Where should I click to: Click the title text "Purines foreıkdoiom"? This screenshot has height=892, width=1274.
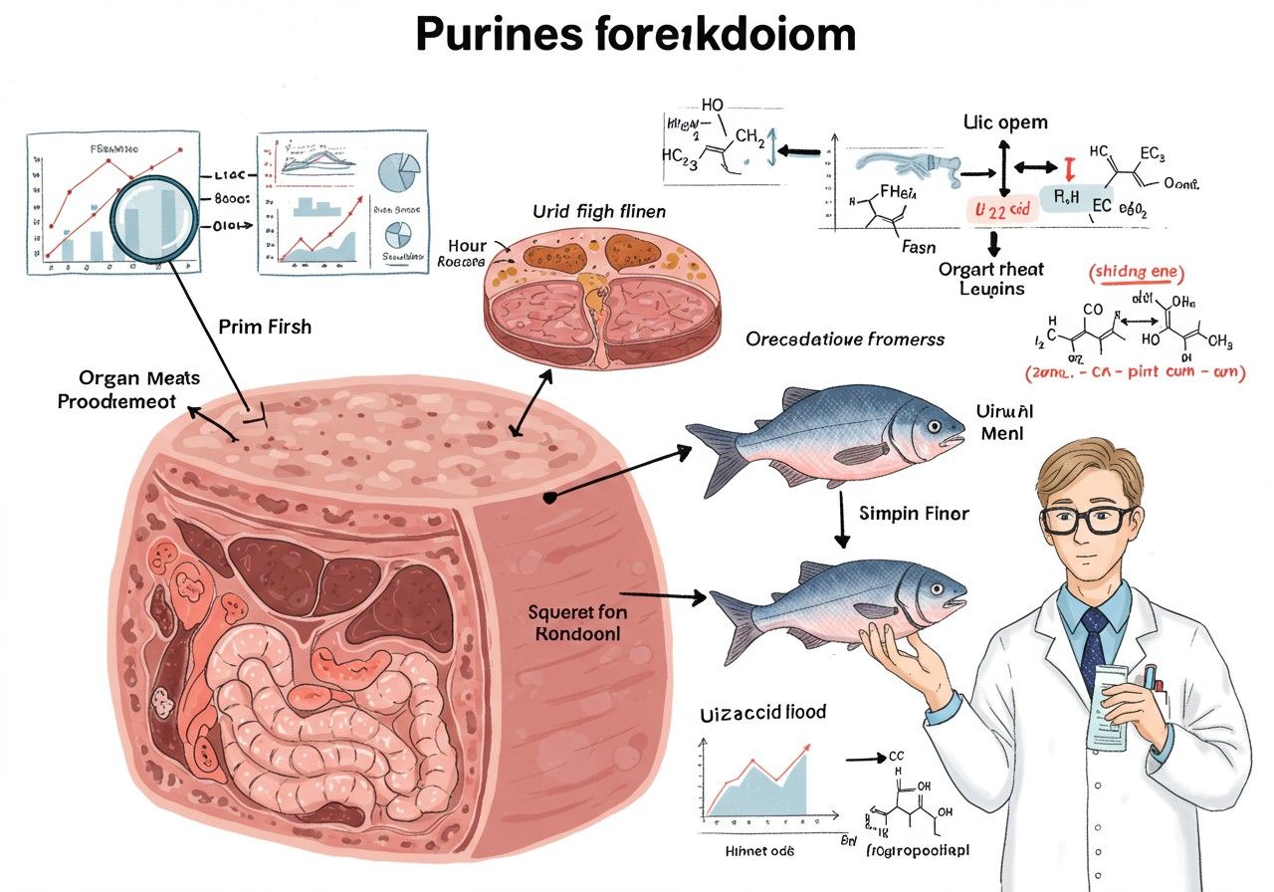pos(635,34)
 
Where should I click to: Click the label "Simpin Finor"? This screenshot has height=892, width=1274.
pos(913,514)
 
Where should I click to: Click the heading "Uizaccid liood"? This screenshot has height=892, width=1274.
pos(755,712)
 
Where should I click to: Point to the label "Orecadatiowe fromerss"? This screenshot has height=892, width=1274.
pos(845,338)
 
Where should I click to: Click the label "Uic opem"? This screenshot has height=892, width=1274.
pos(1005,123)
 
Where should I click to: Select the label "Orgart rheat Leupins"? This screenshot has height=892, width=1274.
pos(991,279)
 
